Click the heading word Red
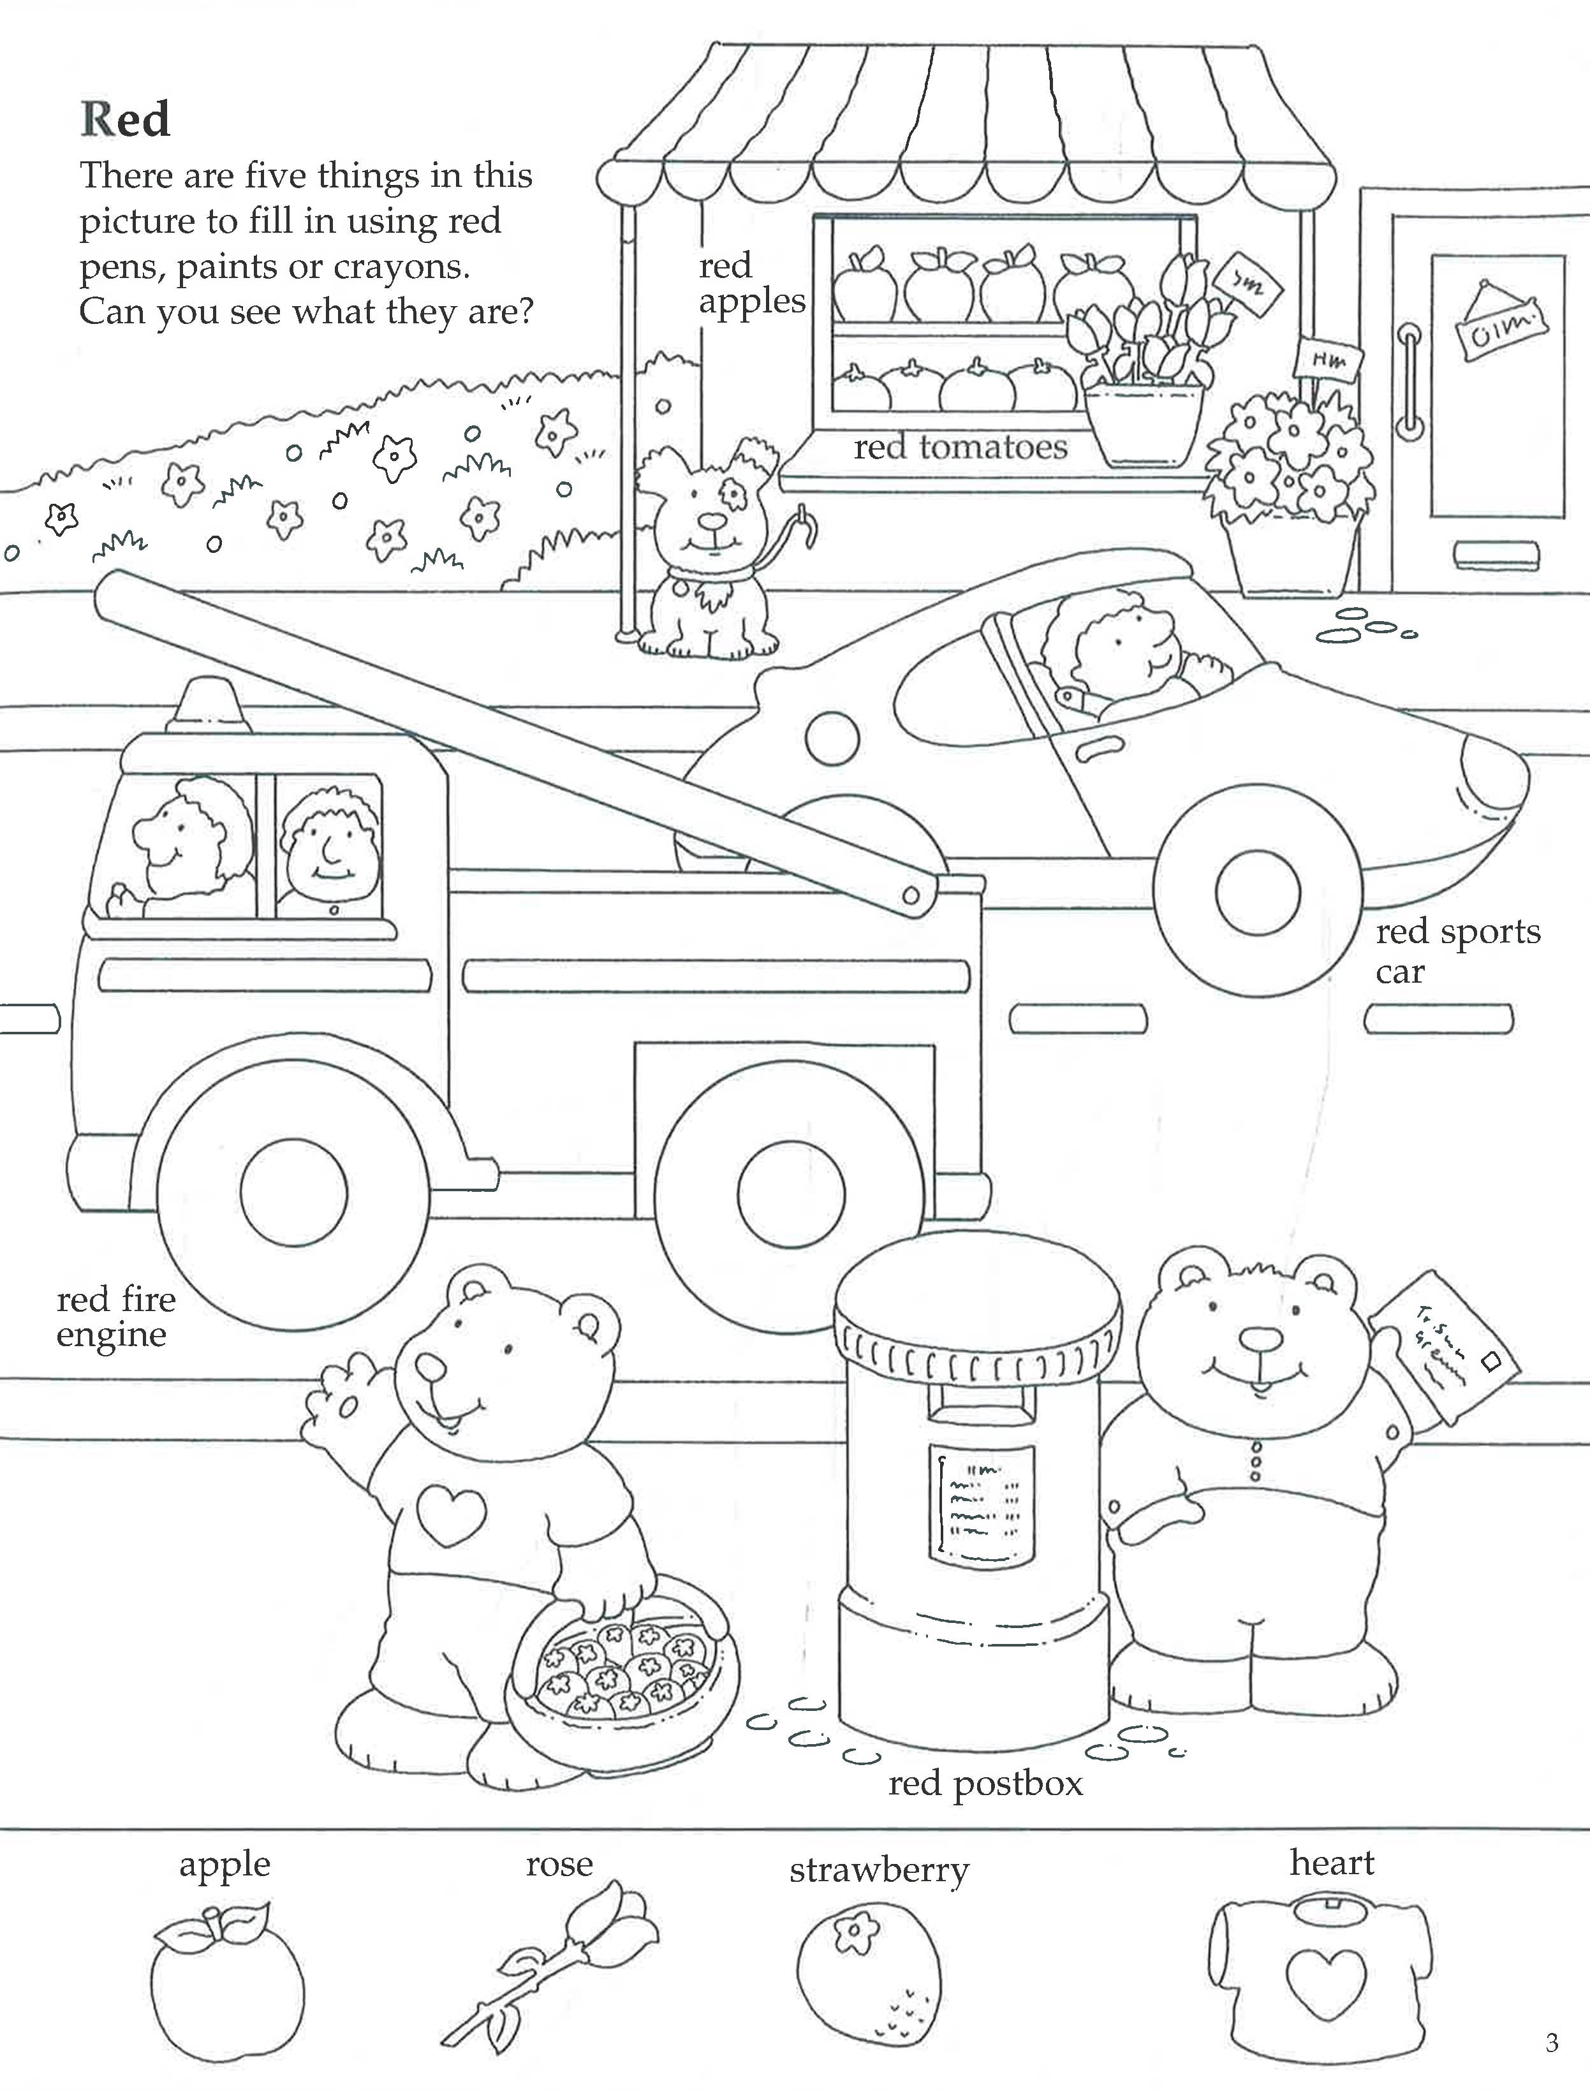point(125,119)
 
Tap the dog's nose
point(710,522)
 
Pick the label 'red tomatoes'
point(961,448)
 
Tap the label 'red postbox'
point(985,1784)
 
